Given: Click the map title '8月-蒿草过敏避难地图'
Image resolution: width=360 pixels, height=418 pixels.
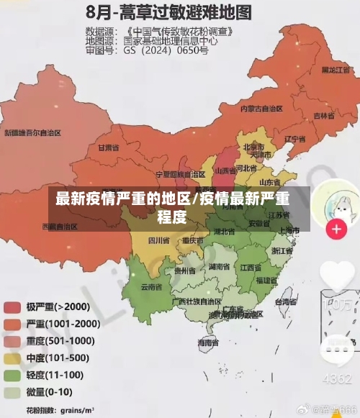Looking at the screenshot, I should [x=169, y=12].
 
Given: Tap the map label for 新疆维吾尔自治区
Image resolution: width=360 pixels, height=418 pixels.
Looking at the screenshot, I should [x=32, y=132].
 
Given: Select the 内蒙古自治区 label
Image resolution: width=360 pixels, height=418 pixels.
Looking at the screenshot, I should [x=262, y=109].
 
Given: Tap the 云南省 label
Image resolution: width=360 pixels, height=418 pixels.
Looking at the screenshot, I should [x=150, y=286].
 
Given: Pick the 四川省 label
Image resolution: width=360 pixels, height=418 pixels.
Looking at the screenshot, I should [x=159, y=240].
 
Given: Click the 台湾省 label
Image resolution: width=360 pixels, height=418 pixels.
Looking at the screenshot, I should [x=286, y=302].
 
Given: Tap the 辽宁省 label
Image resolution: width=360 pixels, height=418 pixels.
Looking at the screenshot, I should [x=295, y=138].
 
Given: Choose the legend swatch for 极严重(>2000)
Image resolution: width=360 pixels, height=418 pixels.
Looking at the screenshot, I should [x=12, y=307].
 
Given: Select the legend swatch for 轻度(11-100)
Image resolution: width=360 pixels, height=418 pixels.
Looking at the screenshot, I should [x=12, y=376].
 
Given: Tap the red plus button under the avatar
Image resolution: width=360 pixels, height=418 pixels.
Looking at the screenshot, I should [x=336, y=230].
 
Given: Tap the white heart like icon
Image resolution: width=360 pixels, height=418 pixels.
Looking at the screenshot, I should [x=336, y=277].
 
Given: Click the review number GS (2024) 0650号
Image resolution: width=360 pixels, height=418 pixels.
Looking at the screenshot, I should [x=166, y=51].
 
